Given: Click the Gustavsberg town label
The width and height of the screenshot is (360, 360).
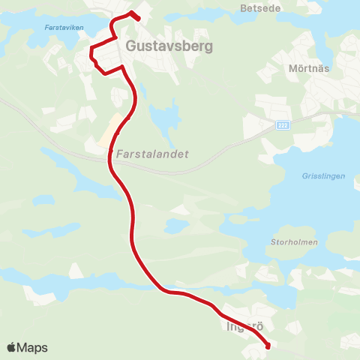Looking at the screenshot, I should [x=170, y=46].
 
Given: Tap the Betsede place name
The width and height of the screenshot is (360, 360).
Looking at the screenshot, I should [x=259, y=9].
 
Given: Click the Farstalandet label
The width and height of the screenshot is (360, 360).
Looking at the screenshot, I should [x=153, y=153].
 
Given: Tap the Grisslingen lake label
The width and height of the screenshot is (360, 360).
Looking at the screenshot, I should [x=323, y=176].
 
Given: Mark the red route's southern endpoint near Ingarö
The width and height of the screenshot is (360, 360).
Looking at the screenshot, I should [x=268, y=346].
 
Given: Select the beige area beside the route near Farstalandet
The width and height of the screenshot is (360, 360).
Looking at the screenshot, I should [x=111, y=131].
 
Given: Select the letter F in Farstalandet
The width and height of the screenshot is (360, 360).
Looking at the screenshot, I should [x=120, y=153].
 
